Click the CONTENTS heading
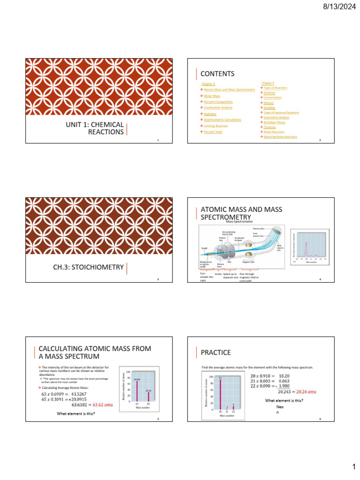pos(217,74)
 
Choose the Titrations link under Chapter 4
pos(270,127)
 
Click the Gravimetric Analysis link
pos(277,117)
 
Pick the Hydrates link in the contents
pos(210,114)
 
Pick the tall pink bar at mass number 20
pos(220,394)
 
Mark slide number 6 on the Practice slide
pos(319,419)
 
